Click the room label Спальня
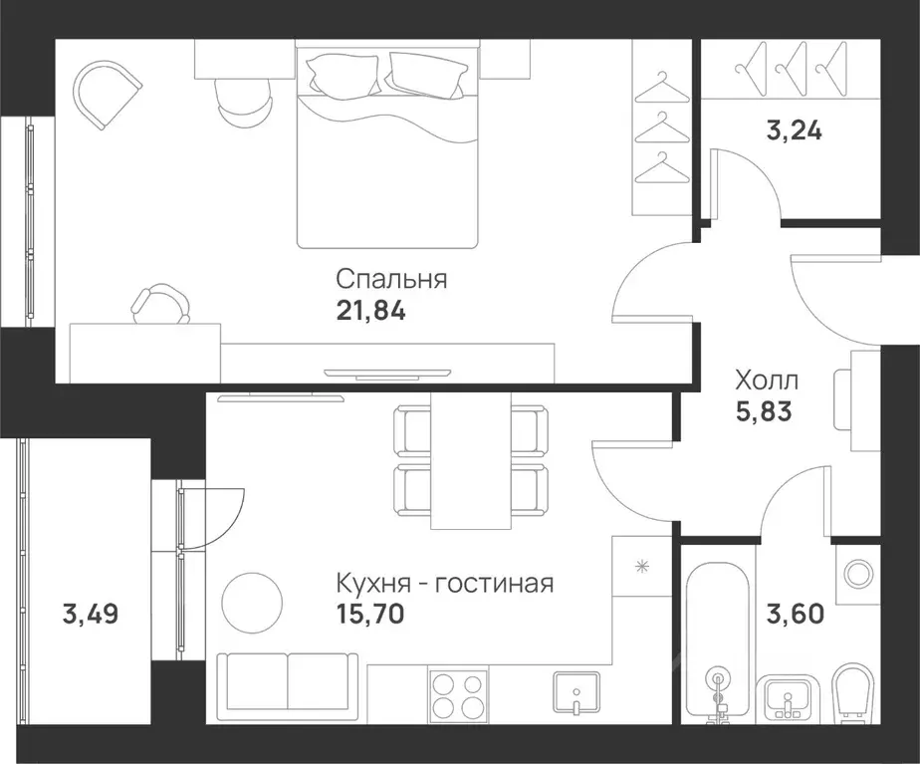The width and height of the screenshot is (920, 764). [391, 279]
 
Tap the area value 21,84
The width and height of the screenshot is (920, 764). [371, 311]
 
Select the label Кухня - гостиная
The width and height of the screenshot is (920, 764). [444, 582]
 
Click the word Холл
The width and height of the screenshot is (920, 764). [766, 380]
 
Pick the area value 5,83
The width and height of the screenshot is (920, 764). [763, 410]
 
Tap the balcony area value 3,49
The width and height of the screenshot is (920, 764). [90, 614]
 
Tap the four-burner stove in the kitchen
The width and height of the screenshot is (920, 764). [459, 694]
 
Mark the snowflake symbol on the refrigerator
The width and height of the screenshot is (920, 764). [641, 567]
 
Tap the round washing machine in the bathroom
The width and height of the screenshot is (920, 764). [856, 573]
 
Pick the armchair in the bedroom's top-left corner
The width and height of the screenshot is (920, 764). [101, 95]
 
